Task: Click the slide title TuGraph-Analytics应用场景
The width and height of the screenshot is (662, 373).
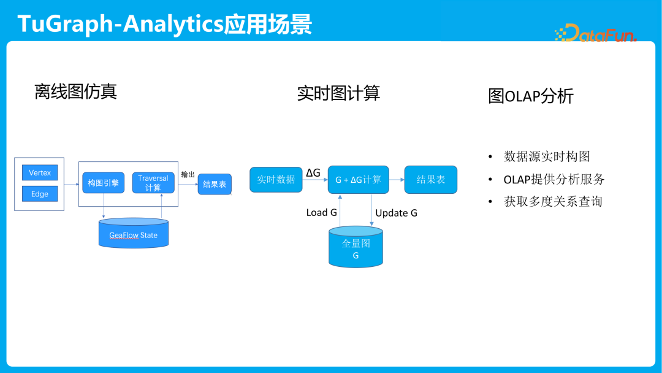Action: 164,24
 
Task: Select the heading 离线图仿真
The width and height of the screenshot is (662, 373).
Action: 75,91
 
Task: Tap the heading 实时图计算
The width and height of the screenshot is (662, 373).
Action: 338,93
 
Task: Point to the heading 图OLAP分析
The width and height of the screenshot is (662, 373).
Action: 531,96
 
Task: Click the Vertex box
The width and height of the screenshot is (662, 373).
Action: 40,173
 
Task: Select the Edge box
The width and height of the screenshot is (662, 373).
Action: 40,194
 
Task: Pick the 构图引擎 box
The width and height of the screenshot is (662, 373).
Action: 103,183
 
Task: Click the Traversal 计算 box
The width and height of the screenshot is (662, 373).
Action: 153,183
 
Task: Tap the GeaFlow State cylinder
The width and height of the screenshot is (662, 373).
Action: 134,234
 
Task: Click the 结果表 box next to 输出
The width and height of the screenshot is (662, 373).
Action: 215,184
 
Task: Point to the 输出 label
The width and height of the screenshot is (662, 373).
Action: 188,174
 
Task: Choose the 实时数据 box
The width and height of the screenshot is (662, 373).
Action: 276,179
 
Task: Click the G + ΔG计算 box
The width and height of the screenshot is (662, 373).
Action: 358,180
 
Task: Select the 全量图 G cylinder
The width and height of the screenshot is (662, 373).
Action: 356,247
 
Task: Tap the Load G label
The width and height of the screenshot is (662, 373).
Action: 321,213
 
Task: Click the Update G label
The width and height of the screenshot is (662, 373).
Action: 396,213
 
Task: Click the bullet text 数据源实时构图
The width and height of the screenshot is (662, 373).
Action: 547,156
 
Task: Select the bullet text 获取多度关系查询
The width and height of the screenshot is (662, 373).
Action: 553,201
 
